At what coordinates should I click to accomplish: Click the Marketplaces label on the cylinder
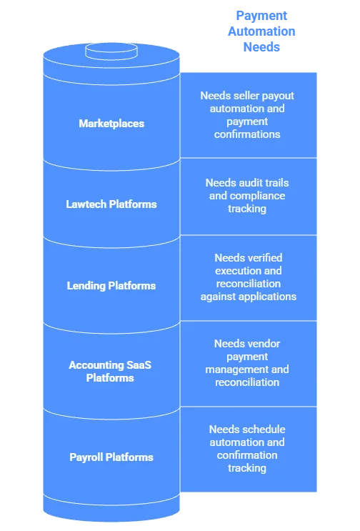click(x=111, y=124)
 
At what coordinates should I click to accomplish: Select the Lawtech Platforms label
click(x=111, y=204)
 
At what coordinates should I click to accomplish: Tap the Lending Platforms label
click(x=111, y=286)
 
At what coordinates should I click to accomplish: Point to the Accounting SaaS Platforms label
click(x=110, y=372)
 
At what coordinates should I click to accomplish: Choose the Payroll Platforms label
click(x=111, y=457)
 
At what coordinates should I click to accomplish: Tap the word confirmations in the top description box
click(x=247, y=134)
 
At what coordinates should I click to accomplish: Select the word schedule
click(x=265, y=430)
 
